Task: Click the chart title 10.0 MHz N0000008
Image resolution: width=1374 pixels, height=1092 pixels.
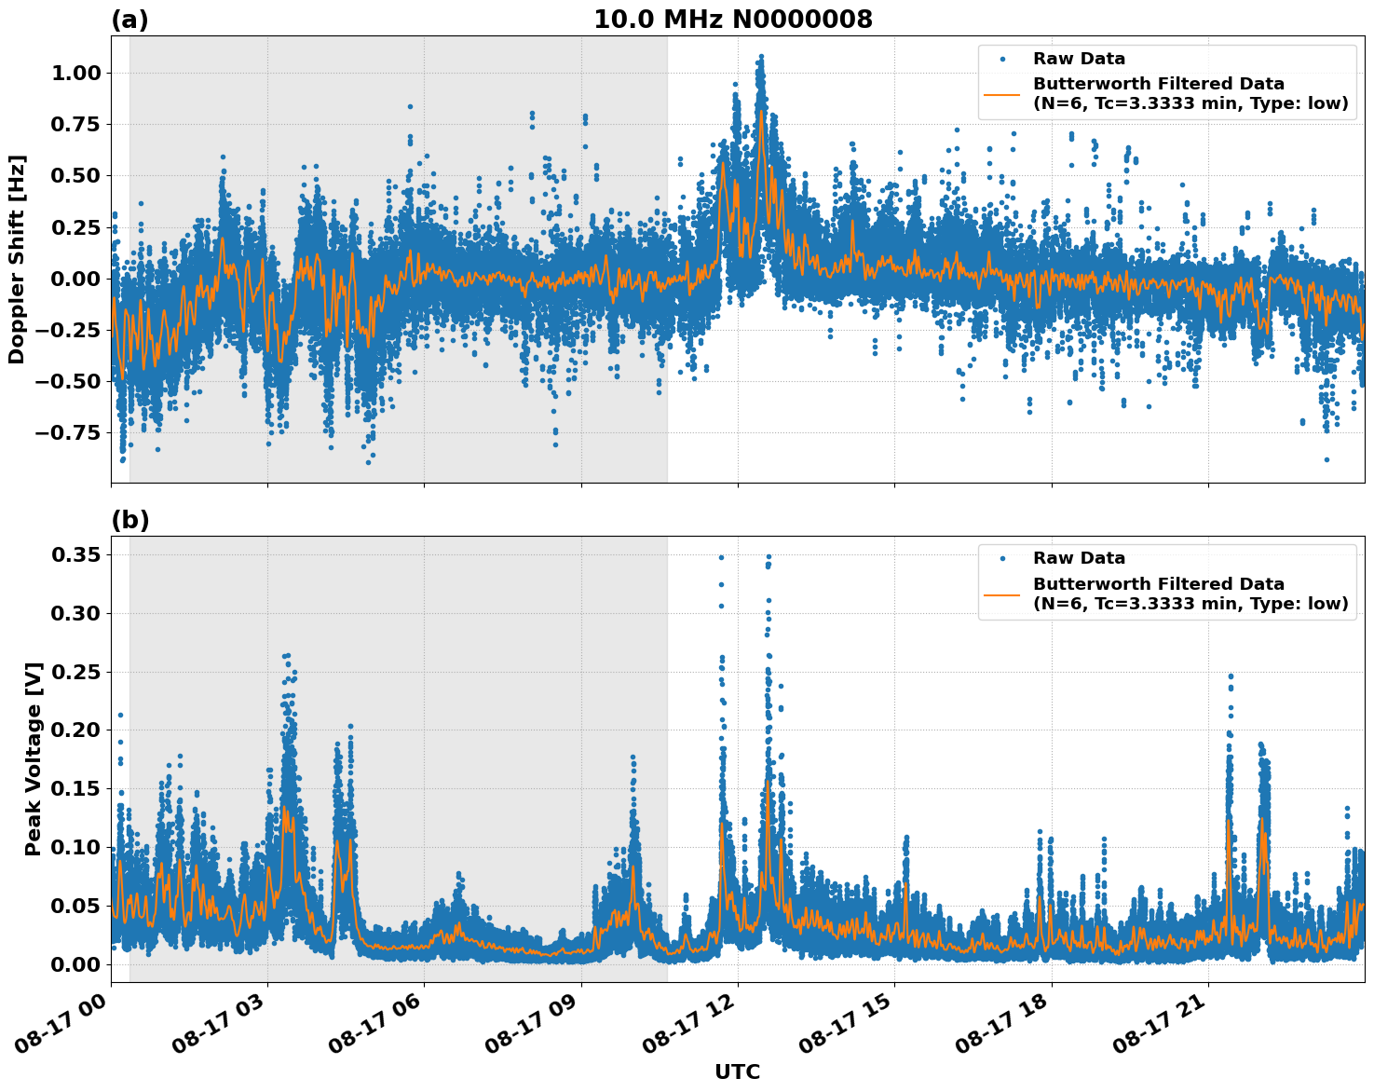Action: tap(733, 20)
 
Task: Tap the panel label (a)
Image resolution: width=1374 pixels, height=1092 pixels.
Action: tap(129, 20)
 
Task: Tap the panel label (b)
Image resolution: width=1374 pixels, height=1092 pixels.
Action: tap(129, 520)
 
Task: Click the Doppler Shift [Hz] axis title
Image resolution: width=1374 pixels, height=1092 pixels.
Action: tap(17, 259)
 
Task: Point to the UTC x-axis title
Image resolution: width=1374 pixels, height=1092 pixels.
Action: tap(737, 1072)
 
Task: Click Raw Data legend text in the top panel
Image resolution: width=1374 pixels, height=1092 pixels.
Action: tap(1079, 59)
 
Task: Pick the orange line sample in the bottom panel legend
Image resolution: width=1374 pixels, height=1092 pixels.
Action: tap(1002, 594)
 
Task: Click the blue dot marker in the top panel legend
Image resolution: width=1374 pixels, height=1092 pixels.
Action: tap(1002, 59)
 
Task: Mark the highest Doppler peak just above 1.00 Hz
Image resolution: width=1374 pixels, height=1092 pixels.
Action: tap(761, 57)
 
